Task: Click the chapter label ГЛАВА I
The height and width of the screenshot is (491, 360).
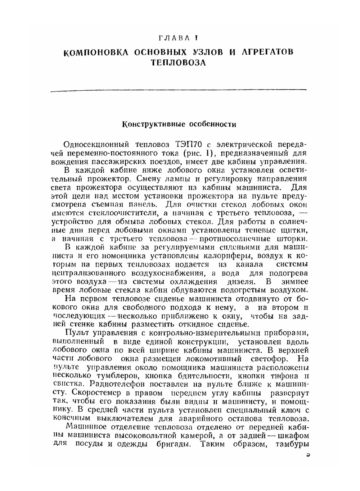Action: pos(178,38)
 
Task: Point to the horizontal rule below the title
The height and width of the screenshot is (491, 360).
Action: pos(178,90)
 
